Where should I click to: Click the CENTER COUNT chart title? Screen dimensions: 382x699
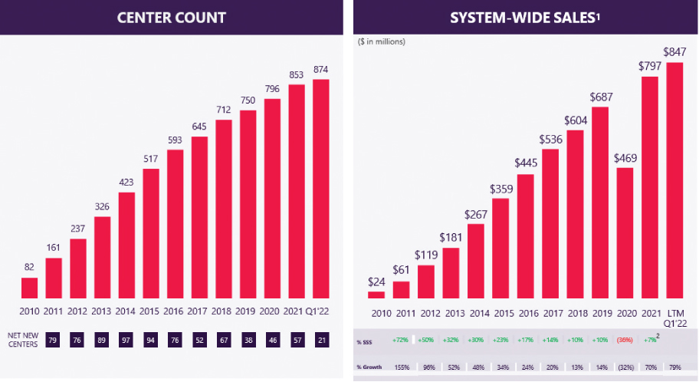click(171, 17)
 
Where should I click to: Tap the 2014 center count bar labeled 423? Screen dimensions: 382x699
click(126, 245)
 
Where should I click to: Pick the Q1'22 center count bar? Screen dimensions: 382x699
click(321, 188)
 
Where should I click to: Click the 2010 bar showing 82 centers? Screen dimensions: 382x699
click(29, 288)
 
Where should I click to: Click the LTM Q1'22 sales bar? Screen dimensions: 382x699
click(674, 180)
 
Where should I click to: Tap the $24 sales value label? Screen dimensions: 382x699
click(376, 281)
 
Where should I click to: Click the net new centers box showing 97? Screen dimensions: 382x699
click(126, 338)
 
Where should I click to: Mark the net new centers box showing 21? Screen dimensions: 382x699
click(321, 338)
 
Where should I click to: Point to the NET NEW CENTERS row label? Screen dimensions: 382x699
click(22, 338)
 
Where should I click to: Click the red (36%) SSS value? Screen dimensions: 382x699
click(625, 340)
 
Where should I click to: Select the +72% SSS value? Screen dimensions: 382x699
click(399, 340)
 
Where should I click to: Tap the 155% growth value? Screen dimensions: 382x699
click(399, 367)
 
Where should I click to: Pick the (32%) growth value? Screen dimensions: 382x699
click(625, 367)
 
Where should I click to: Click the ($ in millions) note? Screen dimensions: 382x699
click(382, 41)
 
